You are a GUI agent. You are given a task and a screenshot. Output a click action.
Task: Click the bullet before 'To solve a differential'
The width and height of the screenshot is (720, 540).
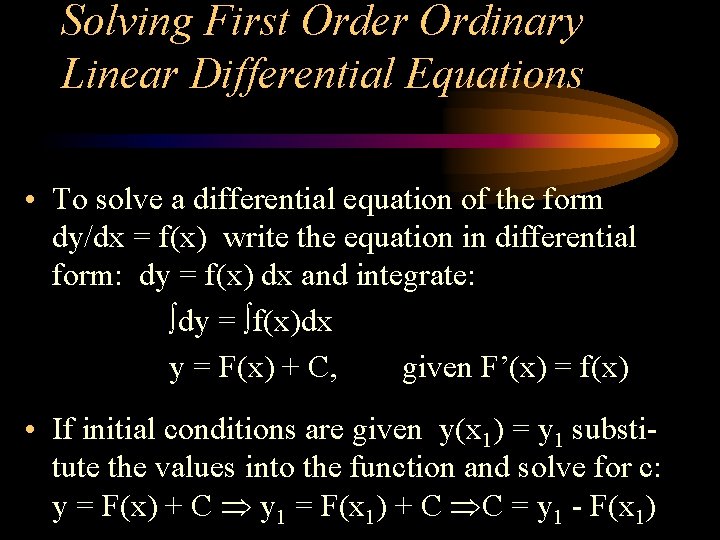click(x=33, y=200)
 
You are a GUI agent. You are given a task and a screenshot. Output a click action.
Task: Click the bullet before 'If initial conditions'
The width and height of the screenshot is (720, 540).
click(x=33, y=430)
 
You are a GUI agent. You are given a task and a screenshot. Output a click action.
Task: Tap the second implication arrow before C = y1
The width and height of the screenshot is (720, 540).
click(x=465, y=509)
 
